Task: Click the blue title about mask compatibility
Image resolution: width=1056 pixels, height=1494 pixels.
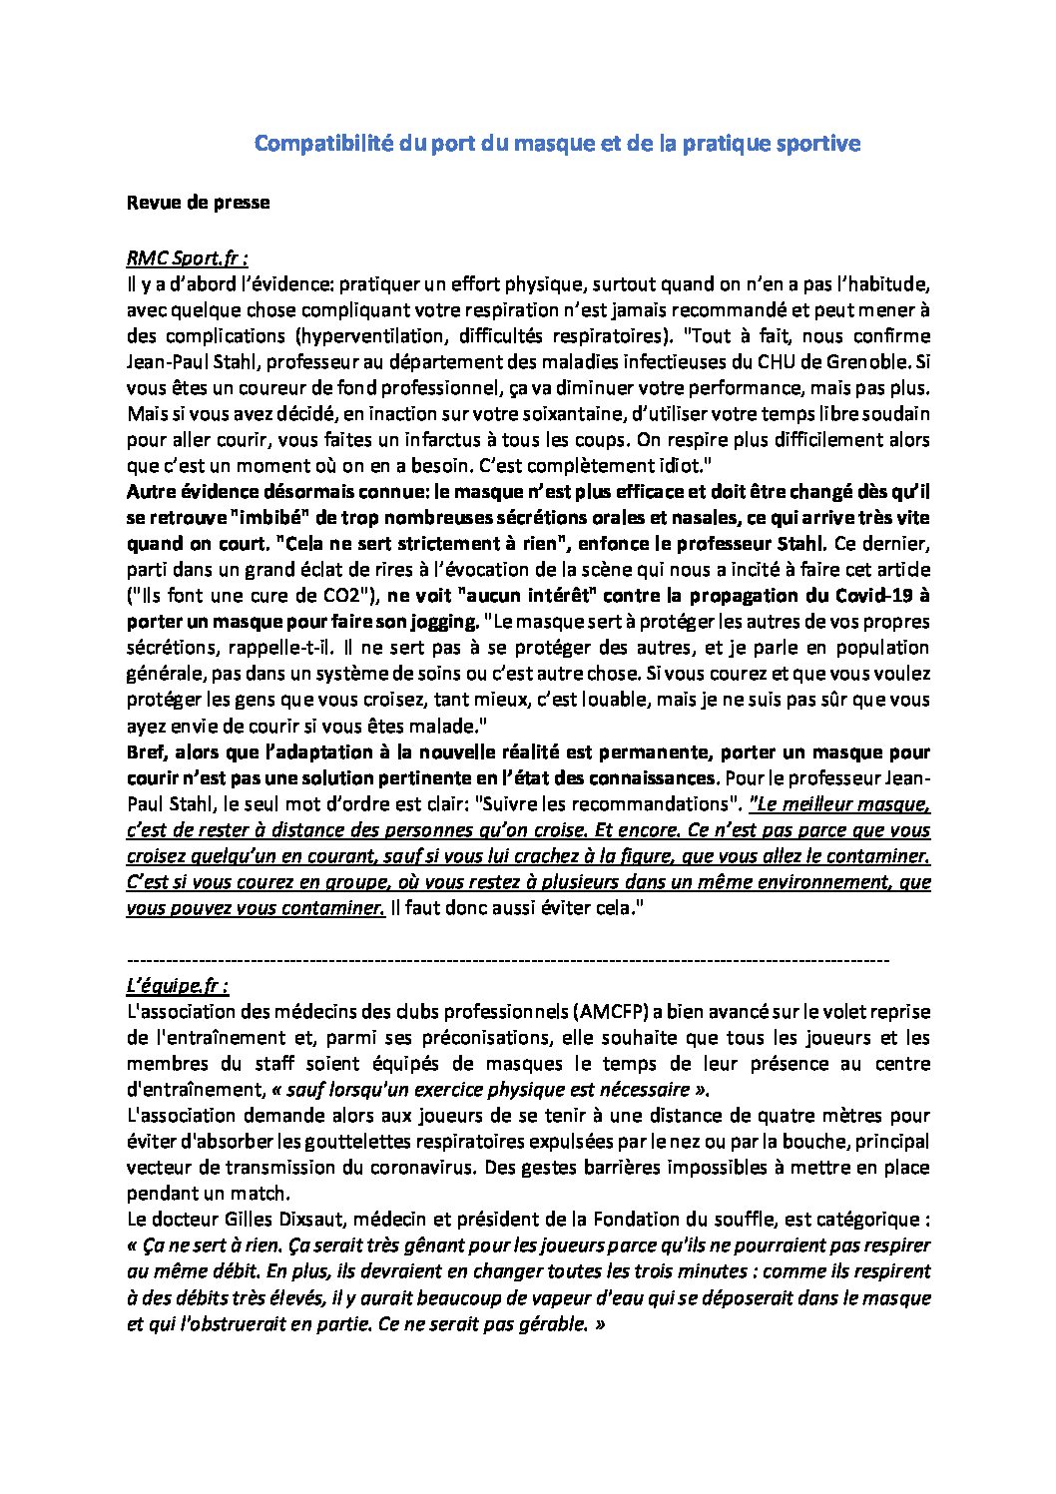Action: pos(557,144)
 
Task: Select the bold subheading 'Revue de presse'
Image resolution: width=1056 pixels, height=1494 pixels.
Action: pos(198,203)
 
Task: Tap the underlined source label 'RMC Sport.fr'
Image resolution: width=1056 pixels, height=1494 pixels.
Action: pos(187,258)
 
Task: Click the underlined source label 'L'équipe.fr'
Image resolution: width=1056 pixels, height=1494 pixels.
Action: pos(177,986)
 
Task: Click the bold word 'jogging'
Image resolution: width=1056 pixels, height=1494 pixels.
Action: pos(443,622)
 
